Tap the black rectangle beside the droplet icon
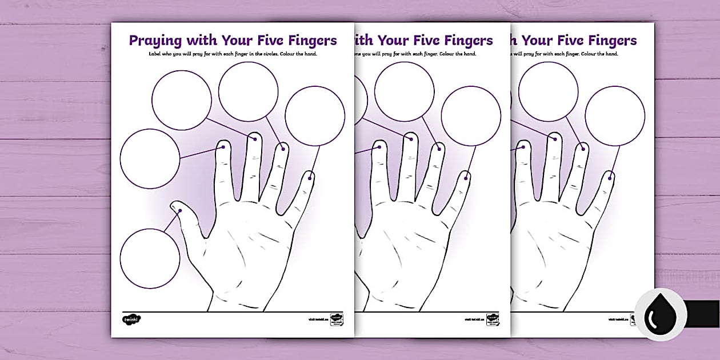click(x=702, y=314)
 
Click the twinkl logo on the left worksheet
click(x=131, y=319)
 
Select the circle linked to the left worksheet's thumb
click(x=150, y=258)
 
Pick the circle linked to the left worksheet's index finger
click(x=150, y=158)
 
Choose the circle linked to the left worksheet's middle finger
click(x=182, y=101)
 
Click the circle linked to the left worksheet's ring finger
click(x=248, y=92)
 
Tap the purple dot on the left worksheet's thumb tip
click(x=180, y=211)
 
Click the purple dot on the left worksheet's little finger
click(x=310, y=178)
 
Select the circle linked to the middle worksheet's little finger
click(x=471, y=116)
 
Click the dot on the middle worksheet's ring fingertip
click(x=438, y=149)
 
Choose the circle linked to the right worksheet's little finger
click(x=615, y=116)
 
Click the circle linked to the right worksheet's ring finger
click(x=548, y=92)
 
